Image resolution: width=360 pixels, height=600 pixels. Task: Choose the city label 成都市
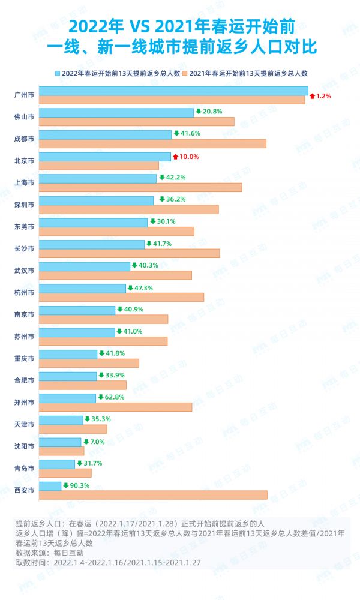[x=23, y=139]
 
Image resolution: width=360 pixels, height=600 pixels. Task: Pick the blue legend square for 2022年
[x=58, y=73]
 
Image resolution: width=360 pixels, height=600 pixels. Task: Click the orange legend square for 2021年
[x=186, y=73]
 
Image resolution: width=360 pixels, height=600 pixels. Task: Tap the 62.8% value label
[x=111, y=397]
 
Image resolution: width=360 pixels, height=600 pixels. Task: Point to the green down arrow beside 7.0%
[x=86, y=442]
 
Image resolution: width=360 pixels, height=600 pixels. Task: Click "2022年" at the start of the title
[x=94, y=27]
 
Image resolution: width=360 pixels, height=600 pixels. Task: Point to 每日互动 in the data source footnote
[x=70, y=553]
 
